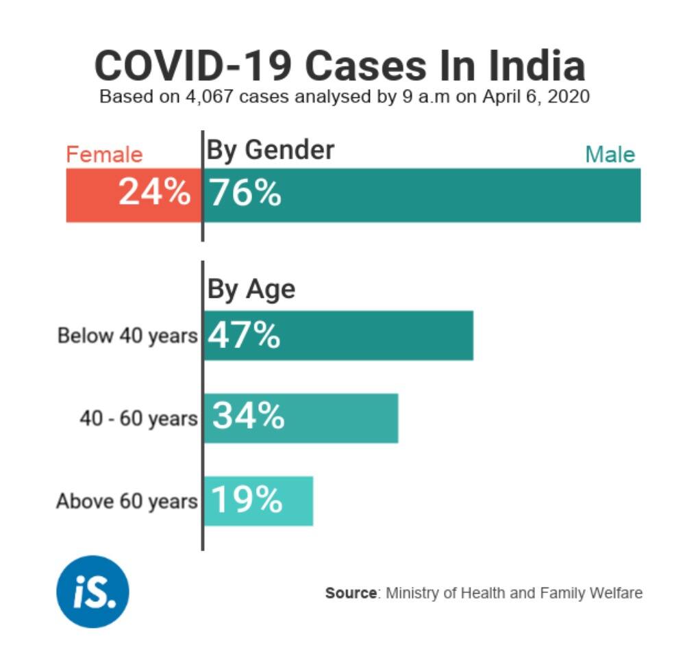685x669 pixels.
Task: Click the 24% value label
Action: coord(154,192)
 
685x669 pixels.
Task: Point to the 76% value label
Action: coord(245,193)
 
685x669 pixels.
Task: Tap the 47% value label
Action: coord(244,336)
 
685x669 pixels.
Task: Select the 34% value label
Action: coord(247,416)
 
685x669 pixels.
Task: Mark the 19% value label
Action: coord(246,500)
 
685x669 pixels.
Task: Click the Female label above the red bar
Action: coord(104,155)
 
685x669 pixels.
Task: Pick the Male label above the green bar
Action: coord(610,155)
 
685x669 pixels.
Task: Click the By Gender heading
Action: coord(271,149)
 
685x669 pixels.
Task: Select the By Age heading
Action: coord(251,289)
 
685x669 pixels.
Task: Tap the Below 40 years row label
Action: coord(127,336)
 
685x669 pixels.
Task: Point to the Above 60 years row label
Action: coord(127,501)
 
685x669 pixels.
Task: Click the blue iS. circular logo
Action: coord(92,591)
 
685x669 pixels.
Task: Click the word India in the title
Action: coord(536,66)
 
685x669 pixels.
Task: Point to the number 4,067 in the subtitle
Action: coord(206,97)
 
